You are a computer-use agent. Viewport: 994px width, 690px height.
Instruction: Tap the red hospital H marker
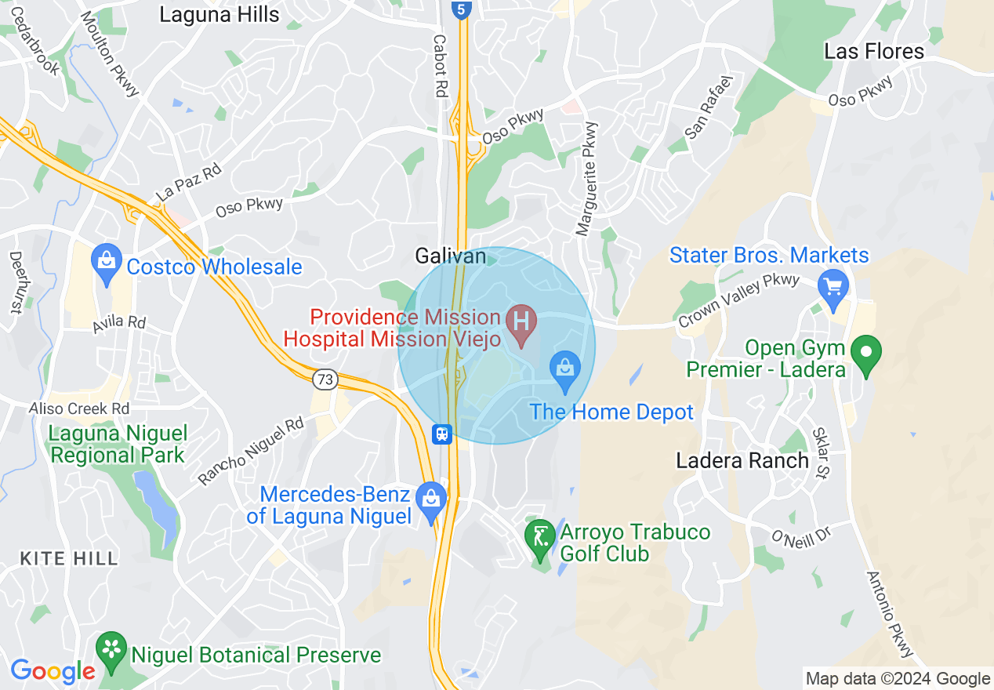click(521, 321)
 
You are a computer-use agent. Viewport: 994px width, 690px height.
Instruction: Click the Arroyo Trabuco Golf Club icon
click(539, 537)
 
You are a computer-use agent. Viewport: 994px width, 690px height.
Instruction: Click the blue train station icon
click(443, 434)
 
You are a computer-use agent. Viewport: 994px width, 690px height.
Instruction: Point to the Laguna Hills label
click(219, 14)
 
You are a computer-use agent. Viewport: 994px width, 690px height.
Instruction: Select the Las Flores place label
click(874, 52)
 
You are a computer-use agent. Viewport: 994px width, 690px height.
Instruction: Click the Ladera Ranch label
click(742, 460)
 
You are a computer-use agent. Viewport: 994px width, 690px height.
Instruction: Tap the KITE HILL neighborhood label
click(69, 558)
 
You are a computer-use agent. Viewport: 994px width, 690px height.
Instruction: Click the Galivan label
click(451, 256)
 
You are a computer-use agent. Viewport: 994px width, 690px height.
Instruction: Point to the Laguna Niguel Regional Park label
click(118, 444)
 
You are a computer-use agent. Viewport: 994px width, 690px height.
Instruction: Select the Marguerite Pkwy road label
click(586, 178)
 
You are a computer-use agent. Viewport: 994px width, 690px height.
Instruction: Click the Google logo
click(53, 671)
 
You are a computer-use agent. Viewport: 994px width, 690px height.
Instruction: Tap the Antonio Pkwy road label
click(890, 614)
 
